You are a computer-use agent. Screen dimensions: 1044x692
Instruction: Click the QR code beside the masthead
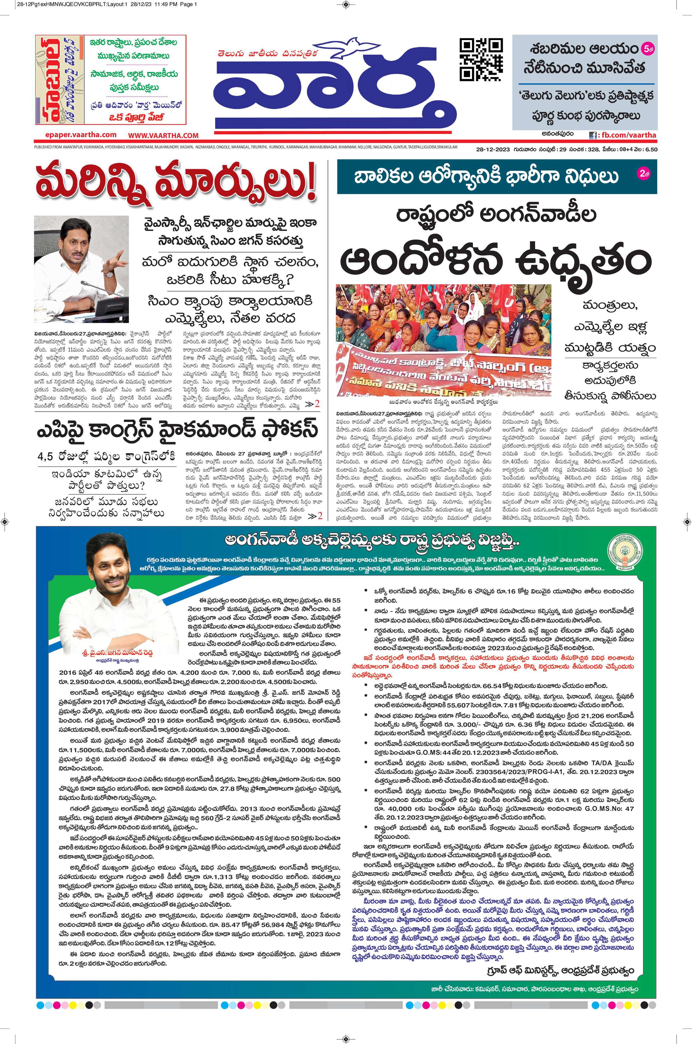tap(481, 60)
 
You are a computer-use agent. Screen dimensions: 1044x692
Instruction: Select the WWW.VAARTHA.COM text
tap(163, 135)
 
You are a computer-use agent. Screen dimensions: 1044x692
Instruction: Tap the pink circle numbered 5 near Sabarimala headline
tap(647, 49)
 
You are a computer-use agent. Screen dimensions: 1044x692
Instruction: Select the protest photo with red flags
tap(443, 340)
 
